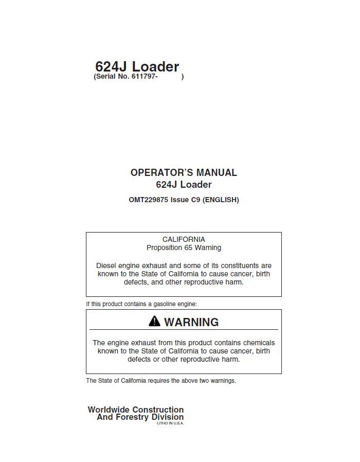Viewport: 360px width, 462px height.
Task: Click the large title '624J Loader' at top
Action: pyautogui.click(x=137, y=66)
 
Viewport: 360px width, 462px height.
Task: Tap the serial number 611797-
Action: pyautogui.click(x=145, y=77)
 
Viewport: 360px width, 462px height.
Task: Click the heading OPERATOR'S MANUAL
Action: pyautogui.click(x=184, y=173)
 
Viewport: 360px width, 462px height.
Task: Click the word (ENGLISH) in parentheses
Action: pyautogui.click(x=221, y=200)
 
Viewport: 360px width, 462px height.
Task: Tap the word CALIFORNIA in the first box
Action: pyautogui.click(x=184, y=239)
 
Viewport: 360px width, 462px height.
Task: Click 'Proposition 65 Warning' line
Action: pyautogui.click(x=184, y=247)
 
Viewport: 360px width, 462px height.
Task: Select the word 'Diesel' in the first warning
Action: pyautogui.click(x=106, y=265)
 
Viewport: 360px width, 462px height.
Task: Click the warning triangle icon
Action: pyautogui.click(x=154, y=322)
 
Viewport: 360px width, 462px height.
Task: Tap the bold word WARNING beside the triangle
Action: pyautogui.click(x=191, y=322)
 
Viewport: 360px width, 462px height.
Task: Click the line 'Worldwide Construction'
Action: pyautogui.click(x=135, y=410)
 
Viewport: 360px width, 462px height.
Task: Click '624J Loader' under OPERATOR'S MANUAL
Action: pyautogui.click(x=184, y=185)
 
